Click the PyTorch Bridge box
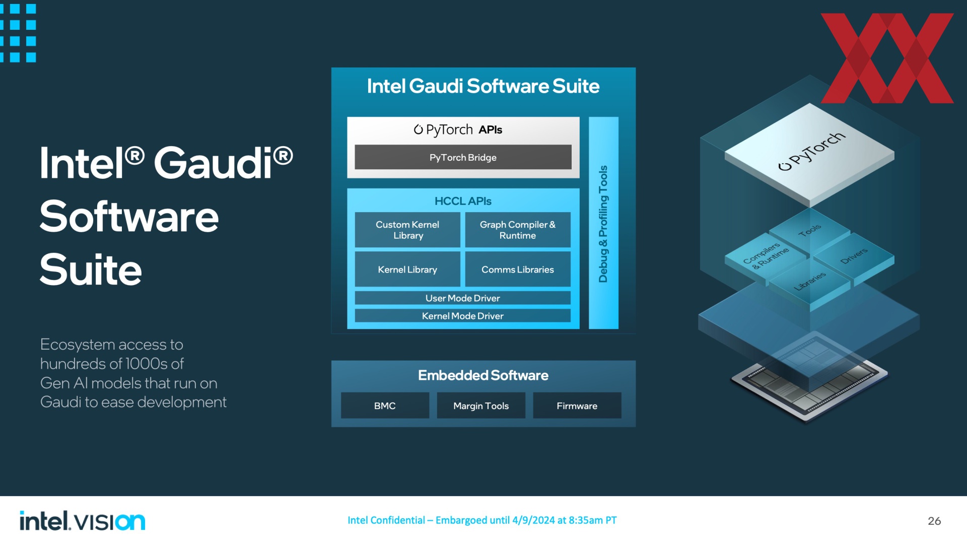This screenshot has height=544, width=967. (463, 157)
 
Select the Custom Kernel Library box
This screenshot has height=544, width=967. (407, 230)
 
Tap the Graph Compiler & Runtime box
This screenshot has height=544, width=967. (518, 230)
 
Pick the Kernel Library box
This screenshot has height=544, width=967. (407, 269)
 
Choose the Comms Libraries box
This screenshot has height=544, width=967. (518, 269)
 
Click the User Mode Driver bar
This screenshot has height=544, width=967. (463, 298)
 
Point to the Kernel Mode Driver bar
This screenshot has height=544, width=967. (463, 316)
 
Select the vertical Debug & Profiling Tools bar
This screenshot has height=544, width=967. (603, 223)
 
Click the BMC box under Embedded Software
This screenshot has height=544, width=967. (385, 405)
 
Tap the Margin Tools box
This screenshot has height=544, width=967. (481, 405)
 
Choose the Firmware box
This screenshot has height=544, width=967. (577, 405)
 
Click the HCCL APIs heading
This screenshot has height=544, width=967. (463, 201)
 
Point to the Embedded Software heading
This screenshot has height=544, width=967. (483, 375)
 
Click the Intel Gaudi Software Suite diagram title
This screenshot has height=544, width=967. (483, 86)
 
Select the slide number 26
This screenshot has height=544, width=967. (934, 521)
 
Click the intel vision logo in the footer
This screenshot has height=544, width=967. (82, 521)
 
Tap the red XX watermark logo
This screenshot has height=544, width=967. (887, 58)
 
